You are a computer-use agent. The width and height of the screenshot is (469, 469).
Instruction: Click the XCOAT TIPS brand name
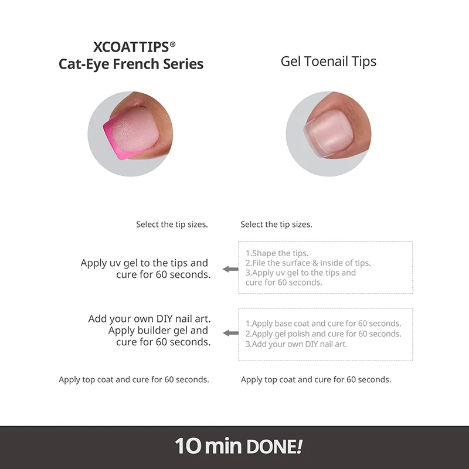pos(131,47)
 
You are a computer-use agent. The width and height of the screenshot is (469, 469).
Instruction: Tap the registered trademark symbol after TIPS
pos(172,45)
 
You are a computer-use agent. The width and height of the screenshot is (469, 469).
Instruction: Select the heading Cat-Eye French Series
pos(131,64)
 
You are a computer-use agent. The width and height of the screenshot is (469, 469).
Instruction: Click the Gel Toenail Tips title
pos(328,62)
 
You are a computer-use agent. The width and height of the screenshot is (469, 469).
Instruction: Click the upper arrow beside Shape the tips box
pos(230,269)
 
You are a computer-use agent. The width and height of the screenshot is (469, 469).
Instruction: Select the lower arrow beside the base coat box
pos(230,333)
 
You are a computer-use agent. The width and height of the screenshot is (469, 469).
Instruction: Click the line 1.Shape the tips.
pos(277,253)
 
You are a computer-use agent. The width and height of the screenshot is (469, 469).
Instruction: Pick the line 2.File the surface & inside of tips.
pos(308,263)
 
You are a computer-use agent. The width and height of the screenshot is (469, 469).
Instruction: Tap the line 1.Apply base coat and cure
pos(324,324)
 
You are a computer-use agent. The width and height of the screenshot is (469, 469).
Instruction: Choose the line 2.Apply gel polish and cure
pos(324,334)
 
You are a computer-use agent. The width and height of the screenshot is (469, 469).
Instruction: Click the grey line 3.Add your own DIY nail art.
pos(297,344)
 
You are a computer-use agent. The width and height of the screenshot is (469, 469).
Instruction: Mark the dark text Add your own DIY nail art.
pos(149,319)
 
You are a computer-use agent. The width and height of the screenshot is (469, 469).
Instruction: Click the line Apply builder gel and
pos(158,331)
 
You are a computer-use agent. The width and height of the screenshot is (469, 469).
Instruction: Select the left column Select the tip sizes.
pos(172,225)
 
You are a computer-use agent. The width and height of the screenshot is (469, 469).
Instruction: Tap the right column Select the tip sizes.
pos(276,225)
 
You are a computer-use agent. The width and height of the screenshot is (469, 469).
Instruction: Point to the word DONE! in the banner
pos(275,447)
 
